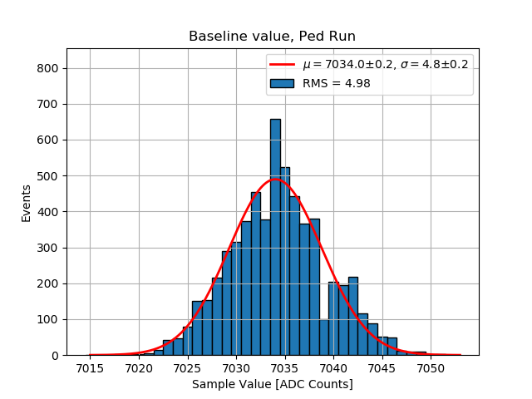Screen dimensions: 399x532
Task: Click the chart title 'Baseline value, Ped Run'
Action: (272, 37)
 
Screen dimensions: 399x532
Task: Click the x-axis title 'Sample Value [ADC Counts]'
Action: (272, 384)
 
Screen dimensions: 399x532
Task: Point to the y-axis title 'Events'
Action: (27, 203)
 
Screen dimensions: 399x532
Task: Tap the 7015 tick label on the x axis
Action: (90, 368)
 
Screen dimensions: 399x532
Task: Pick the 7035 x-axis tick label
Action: (284, 368)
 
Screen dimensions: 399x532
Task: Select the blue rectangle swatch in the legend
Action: (282, 82)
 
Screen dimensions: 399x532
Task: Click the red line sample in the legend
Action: (282, 65)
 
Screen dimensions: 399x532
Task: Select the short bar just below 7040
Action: (323, 337)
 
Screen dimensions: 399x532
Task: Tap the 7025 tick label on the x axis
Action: (187, 368)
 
